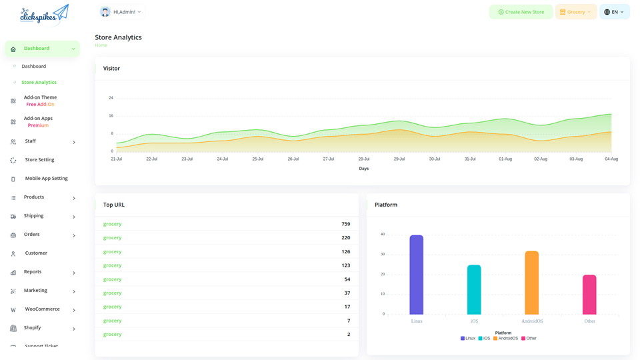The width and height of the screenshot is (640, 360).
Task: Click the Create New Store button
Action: pyautogui.click(x=521, y=12)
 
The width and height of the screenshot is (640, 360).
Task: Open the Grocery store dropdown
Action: pyautogui.click(x=575, y=12)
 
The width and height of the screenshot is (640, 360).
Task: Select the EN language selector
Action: pyautogui.click(x=614, y=12)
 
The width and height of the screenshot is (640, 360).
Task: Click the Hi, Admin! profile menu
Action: pyautogui.click(x=121, y=12)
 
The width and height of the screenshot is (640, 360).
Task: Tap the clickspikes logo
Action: pyautogui.click(x=44, y=13)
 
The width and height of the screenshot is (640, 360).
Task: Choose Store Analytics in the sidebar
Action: pyautogui.click(x=39, y=83)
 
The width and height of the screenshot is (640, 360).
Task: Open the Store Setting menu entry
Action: pyautogui.click(x=39, y=160)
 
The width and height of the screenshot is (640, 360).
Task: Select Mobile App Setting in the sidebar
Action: pyautogui.click(x=46, y=179)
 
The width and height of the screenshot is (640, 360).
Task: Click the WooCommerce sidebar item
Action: pyautogui.click(x=42, y=309)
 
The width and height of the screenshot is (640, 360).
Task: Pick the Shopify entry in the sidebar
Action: pyautogui.click(x=33, y=328)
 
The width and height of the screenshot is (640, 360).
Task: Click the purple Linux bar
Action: pyautogui.click(x=416, y=275)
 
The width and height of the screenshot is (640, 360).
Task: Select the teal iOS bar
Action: pyautogui.click(x=474, y=289)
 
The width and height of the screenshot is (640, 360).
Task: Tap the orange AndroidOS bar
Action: pyautogui.click(x=531, y=283)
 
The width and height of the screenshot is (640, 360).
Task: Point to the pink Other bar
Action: pyautogui.click(x=589, y=294)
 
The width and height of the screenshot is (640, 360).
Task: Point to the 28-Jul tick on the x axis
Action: pyautogui.click(x=363, y=159)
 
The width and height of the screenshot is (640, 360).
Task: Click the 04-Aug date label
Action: pyautogui.click(x=611, y=159)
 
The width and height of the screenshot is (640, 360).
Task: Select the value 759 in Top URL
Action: pyautogui.click(x=345, y=224)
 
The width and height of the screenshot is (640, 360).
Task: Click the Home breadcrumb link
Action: pyautogui.click(x=101, y=45)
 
